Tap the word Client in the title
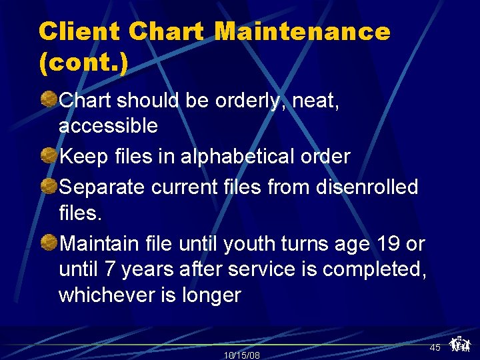click(79, 31)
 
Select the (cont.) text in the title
click(83, 65)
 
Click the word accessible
click(108, 126)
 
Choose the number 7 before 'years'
click(110, 270)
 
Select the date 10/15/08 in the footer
click(241, 355)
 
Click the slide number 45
click(435, 347)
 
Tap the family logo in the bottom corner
click(459, 344)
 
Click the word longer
click(211, 295)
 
